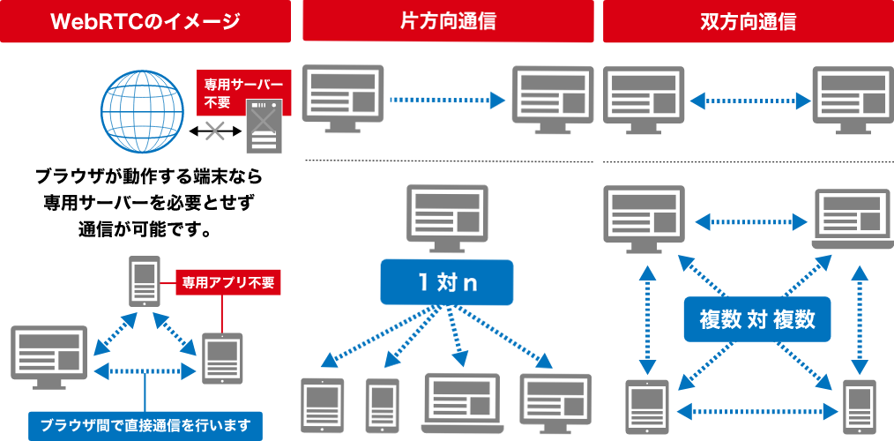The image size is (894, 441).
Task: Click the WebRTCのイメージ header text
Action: [145, 21]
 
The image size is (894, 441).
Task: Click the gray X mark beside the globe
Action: [214, 131]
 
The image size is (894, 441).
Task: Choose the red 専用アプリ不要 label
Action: [228, 283]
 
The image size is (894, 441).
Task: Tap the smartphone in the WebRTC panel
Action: [144, 280]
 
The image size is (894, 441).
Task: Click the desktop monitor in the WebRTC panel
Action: [49, 355]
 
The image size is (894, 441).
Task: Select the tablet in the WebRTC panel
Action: [221, 358]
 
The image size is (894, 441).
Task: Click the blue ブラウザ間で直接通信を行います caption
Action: [145, 424]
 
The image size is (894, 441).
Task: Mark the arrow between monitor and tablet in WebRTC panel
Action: [145, 370]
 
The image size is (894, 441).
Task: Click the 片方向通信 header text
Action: [448, 21]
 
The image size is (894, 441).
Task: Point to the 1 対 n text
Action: [447, 283]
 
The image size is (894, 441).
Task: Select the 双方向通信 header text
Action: [748, 21]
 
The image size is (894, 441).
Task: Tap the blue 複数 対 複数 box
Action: [757, 319]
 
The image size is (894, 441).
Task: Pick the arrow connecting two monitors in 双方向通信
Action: [750, 101]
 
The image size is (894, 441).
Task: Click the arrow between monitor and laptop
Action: [750, 220]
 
